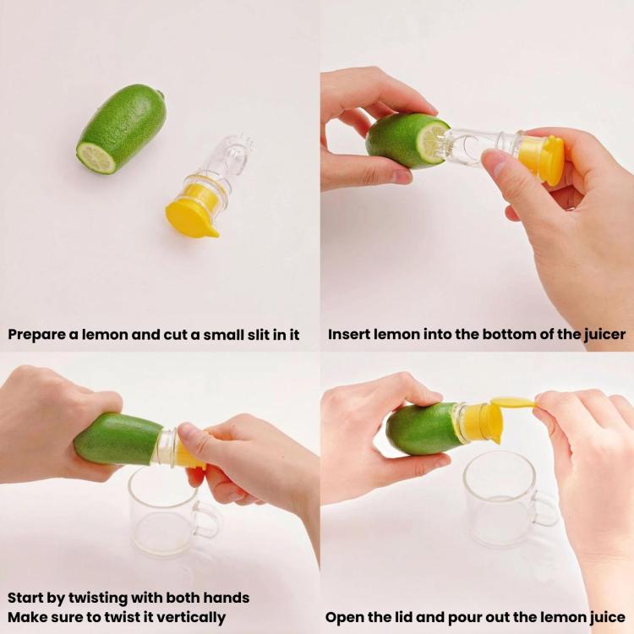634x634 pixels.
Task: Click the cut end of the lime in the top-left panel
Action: [x=96, y=158]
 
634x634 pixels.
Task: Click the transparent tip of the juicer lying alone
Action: [x=241, y=145]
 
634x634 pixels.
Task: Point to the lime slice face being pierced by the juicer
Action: [x=432, y=141]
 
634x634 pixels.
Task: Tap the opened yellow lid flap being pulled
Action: [x=514, y=402]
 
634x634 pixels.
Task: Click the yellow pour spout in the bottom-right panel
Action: [x=495, y=437]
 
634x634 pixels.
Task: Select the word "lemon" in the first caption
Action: [x=105, y=335]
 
